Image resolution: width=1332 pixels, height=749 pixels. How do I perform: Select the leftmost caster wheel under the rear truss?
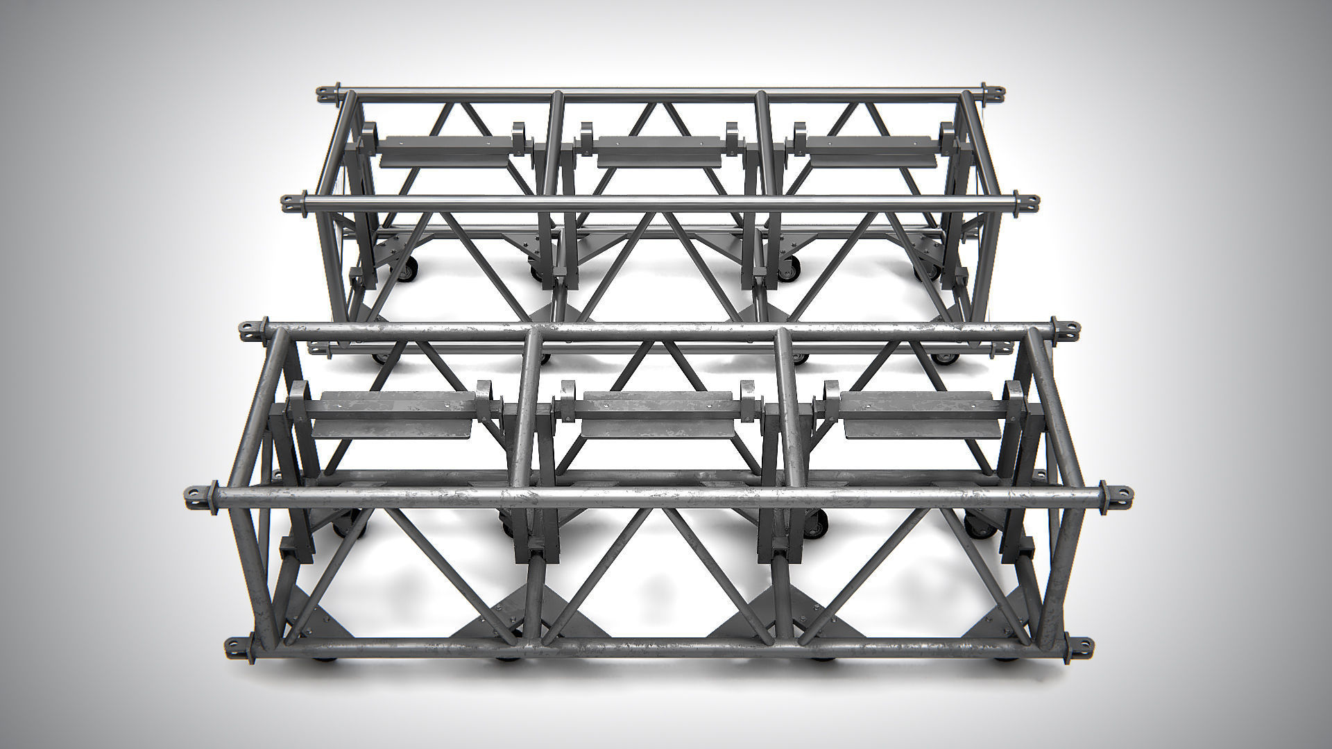pos(409,268)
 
